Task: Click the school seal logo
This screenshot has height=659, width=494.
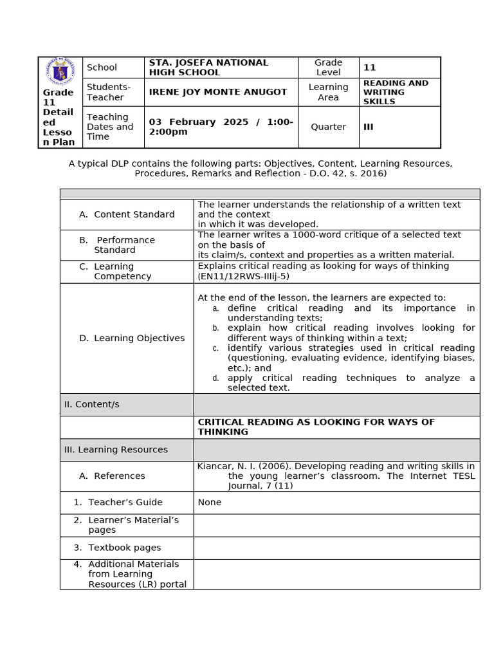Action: [x=60, y=71]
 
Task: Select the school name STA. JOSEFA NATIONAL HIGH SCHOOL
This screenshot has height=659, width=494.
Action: [x=208, y=68]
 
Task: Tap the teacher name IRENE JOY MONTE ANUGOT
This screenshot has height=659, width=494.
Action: [x=218, y=92]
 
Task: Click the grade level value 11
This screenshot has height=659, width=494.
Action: [x=369, y=68]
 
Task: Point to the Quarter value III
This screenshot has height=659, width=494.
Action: [x=368, y=127]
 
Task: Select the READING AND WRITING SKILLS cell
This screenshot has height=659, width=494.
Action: [x=396, y=92]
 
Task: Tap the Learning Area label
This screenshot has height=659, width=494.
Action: [x=328, y=92]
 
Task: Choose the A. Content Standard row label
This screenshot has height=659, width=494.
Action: [x=127, y=214]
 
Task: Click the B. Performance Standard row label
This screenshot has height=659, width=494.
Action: [x=117, y=245]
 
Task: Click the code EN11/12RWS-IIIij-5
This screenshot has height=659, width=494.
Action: [x=243, y=276]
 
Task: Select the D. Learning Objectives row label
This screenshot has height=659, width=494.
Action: [x=131, y=338]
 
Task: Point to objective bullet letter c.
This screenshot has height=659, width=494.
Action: [x=215, y=348]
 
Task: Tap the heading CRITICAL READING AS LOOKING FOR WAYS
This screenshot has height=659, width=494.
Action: [x=316, y=422]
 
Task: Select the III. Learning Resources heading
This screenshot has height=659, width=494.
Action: [x=115, y=450]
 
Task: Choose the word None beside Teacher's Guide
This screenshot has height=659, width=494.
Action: [x=209, y=502]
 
